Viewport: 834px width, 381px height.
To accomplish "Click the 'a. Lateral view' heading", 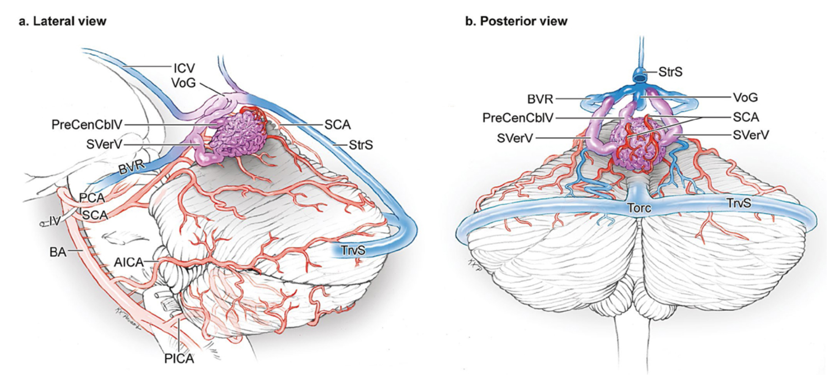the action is click(62, 21).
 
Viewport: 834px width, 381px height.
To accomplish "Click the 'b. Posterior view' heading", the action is click(516, 21).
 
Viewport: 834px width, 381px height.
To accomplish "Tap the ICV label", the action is click(184, 68).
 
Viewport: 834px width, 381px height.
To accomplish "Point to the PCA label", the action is click(92, 198).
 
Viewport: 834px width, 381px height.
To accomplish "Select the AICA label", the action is click(129, 263).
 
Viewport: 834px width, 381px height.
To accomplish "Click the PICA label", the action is click(179, 358).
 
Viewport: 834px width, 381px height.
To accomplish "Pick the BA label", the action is click(58, 252).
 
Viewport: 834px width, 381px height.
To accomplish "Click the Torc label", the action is click(639, 208).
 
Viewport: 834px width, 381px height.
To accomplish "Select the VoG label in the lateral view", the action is click(183, 83).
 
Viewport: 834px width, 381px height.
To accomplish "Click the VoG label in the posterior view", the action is click(746, 97).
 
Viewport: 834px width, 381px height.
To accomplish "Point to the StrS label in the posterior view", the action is click(670, 72).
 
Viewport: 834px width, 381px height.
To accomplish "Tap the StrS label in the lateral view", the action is click(361, 145).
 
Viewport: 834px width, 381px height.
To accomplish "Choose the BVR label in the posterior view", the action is click(540, 99).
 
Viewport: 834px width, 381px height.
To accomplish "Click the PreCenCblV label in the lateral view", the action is click(87, 125).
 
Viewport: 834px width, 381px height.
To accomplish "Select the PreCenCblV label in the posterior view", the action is click(518, 118).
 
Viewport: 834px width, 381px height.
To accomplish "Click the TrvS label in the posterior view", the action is click(739, 203).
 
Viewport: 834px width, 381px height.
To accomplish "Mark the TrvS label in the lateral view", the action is click(353, 250).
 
